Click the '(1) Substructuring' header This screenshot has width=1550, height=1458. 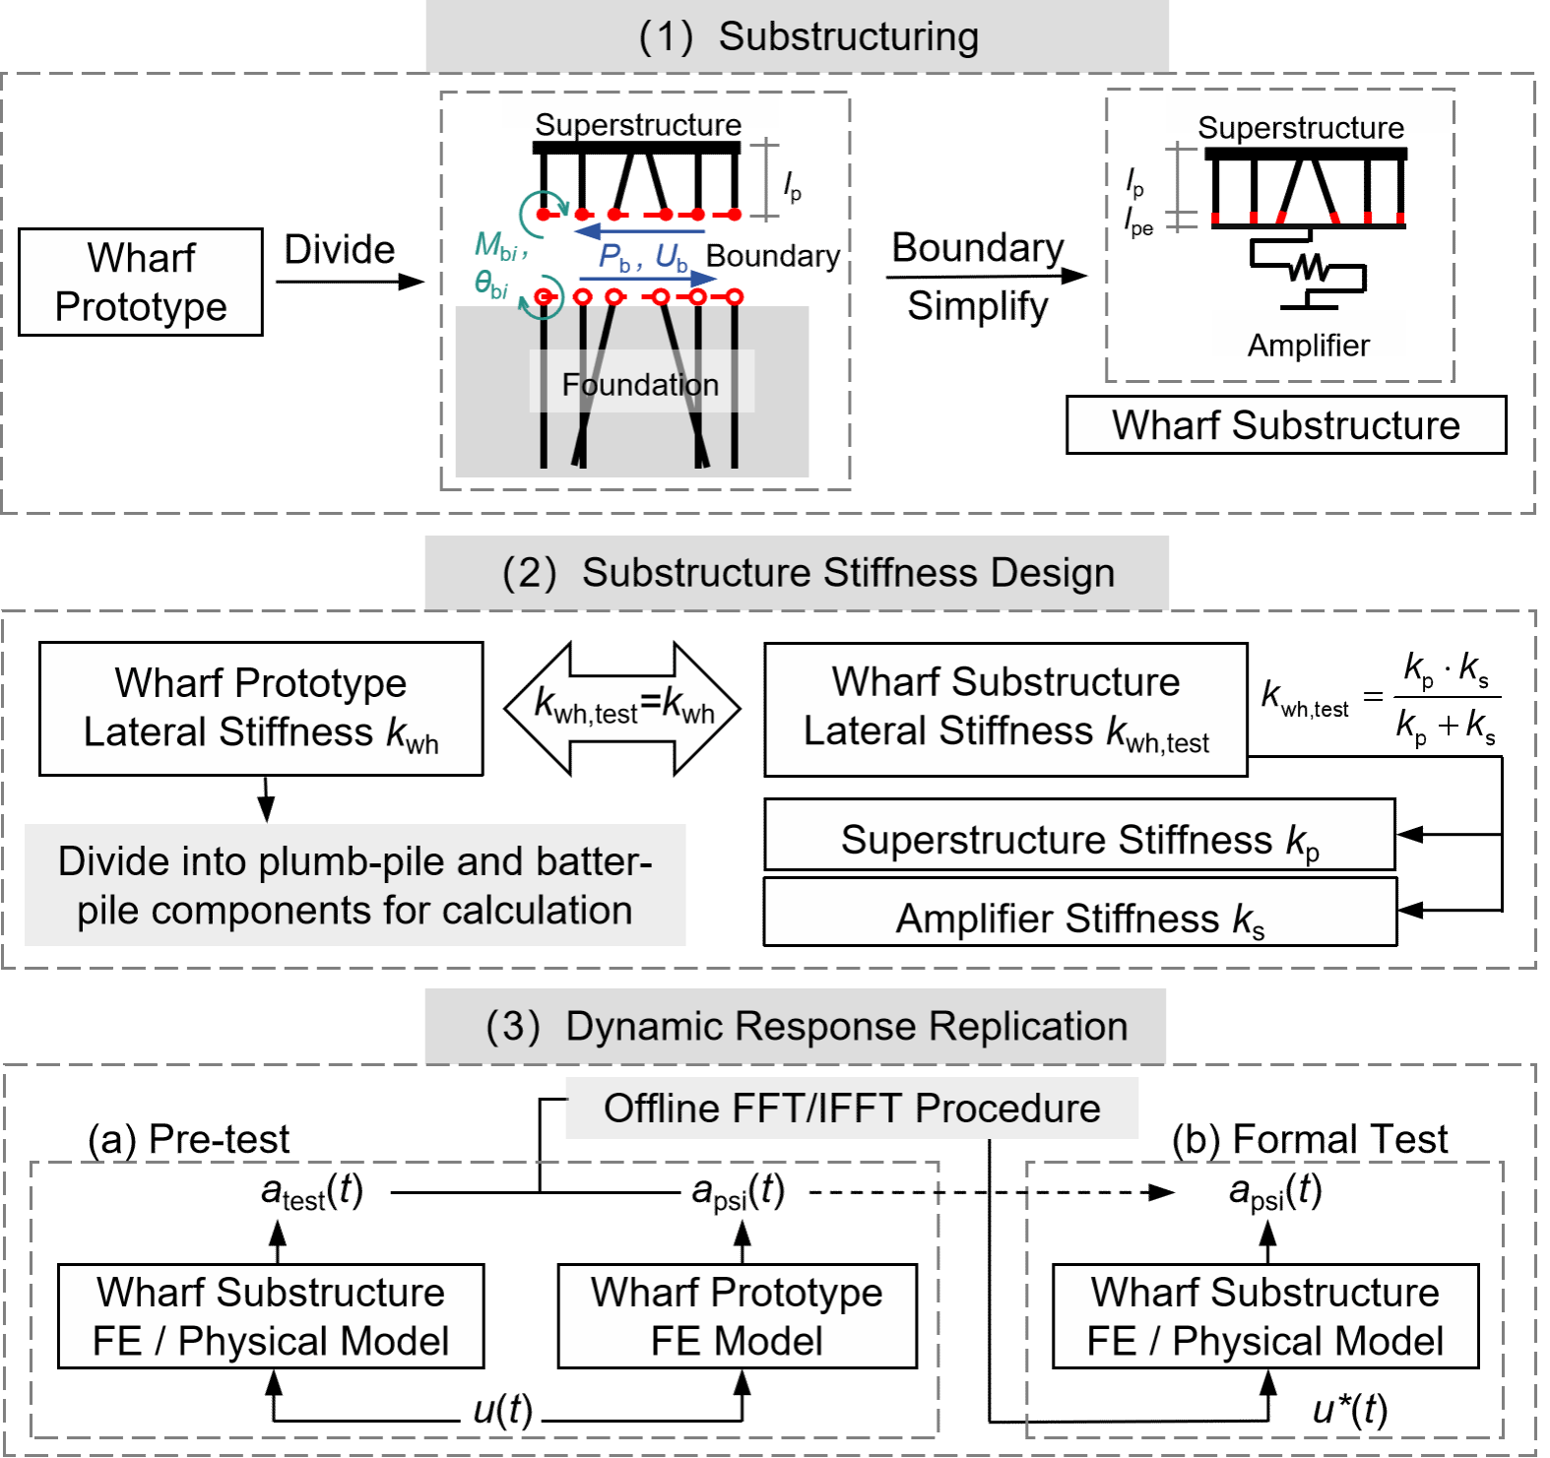(798, 36)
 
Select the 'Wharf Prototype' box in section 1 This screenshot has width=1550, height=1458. (141, 283)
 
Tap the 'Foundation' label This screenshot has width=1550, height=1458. (641, 384)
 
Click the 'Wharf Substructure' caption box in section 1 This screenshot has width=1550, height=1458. (1286, 425)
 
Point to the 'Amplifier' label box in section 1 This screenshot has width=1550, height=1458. (1309, 336)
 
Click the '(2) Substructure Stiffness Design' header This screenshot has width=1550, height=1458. (797, 573)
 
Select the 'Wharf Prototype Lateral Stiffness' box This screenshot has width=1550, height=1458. (261, 709)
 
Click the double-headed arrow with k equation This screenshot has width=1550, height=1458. (623, 708)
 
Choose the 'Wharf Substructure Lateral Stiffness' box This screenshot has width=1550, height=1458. (1005, 709)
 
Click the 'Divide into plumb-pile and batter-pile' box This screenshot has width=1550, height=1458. (355, 885)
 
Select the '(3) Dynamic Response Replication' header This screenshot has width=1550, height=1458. (796, 1027)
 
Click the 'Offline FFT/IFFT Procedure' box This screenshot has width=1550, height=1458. (852, 1109)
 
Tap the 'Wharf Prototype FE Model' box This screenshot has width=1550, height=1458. (737, 1316)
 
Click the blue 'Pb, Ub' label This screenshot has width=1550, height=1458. (644, 258)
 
